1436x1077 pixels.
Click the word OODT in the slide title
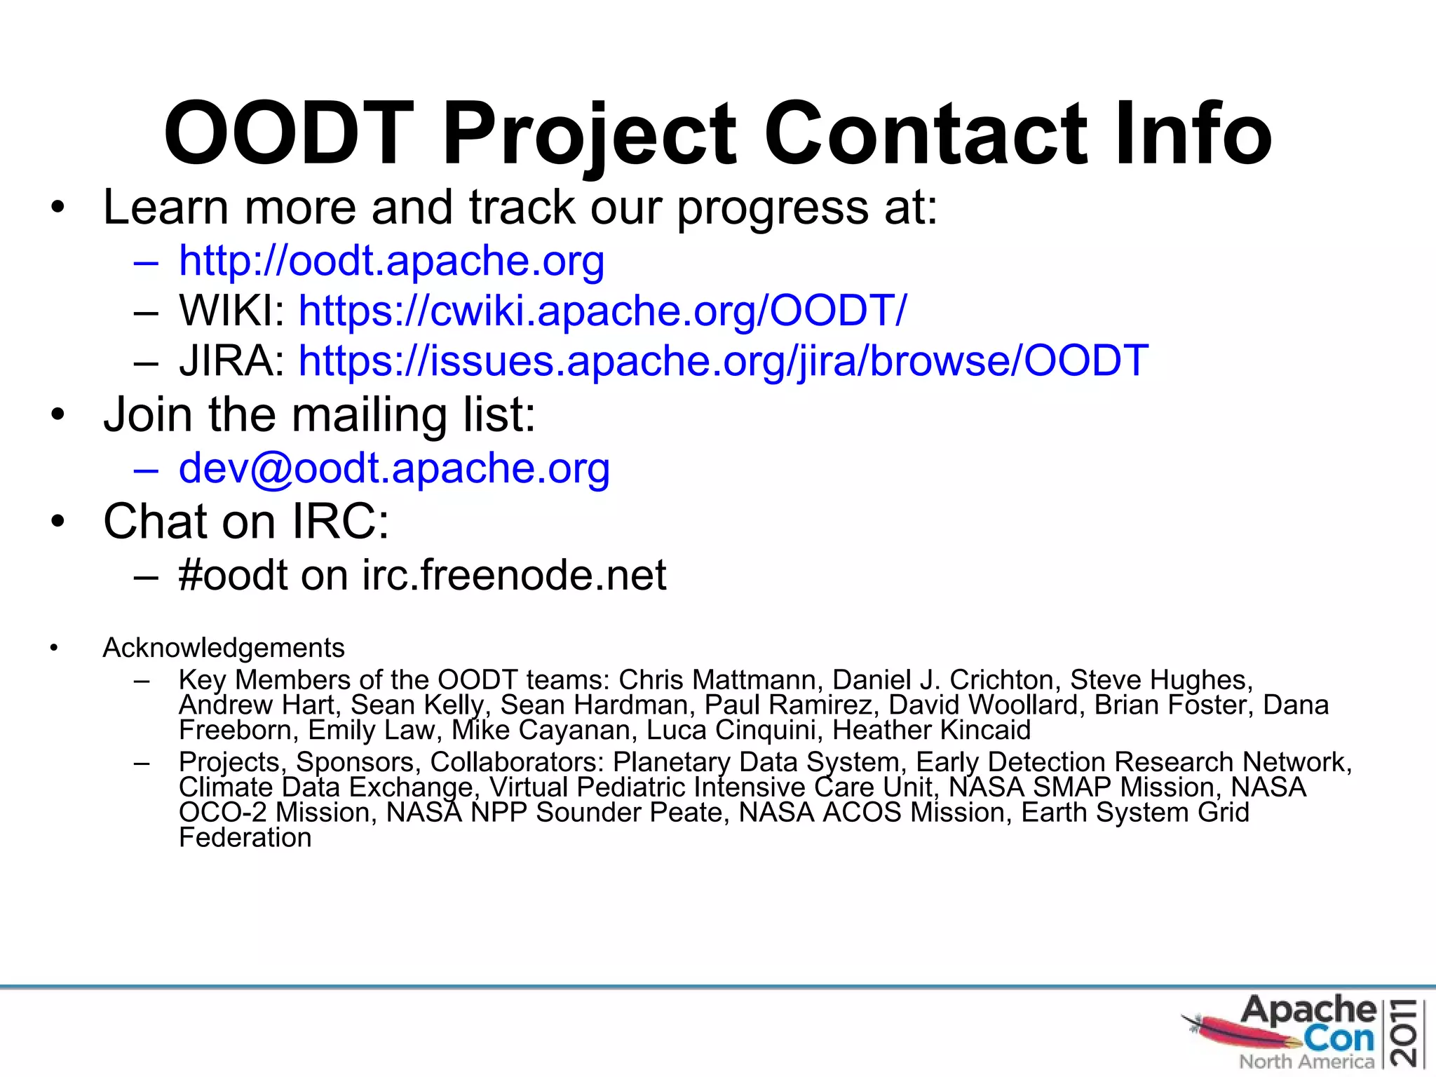coord(288,133)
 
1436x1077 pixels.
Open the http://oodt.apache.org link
coord(391,261)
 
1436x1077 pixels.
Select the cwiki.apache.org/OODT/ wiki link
coord(602,311)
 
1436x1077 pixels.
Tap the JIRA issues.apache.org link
coord(723,361)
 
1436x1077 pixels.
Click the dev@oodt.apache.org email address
coord(394,468)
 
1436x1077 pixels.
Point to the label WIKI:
coord(231,311)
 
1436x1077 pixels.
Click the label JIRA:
coord(231,361)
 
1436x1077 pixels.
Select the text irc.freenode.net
coord(514,576)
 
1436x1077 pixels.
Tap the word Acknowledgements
coord(224,648)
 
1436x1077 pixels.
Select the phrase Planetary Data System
coord(756,762)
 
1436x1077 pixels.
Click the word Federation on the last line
coord(245,838)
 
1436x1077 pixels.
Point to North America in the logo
coord(1306,1062)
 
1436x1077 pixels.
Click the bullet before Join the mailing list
coord(57,415)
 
